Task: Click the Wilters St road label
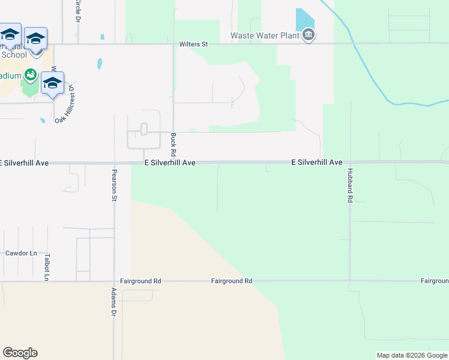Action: click(193, 44)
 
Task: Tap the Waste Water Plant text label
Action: click(265, 35)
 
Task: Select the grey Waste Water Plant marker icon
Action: click(309, 36)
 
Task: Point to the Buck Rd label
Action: click(173, 142)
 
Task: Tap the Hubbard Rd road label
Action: click(349, 185)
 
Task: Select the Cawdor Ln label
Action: click(17, 253)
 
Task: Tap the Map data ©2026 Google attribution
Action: click(412, 355)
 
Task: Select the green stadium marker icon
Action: click(31, 76)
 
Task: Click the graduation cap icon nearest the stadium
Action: click(52, 83)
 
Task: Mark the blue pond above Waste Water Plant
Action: click(305, 19)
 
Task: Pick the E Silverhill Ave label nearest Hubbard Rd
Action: click(316, 163)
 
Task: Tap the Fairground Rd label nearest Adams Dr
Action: click(140, 281)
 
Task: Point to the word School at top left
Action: click(14, 55)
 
